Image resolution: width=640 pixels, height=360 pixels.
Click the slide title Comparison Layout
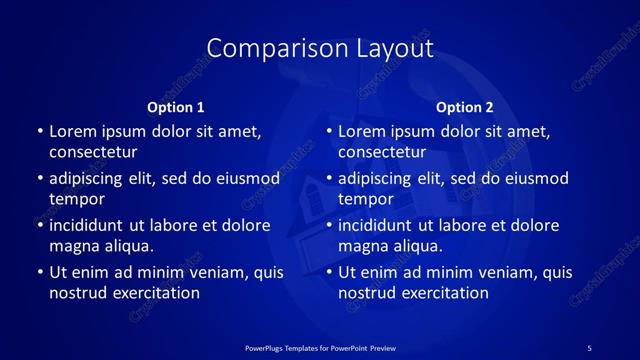[320, 48]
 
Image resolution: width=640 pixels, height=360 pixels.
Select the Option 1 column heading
[176, 107]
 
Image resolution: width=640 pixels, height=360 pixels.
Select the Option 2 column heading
[465, 107]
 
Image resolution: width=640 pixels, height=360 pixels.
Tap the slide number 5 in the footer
[589, 347]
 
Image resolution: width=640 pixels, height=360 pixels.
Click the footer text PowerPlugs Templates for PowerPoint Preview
[320, 347]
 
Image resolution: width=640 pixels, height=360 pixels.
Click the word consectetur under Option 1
[93, 153]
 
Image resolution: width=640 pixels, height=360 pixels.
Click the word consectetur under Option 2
[383, 153]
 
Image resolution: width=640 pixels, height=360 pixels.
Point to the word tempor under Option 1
[77, 199]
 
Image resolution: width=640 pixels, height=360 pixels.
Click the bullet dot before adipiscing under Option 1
[39, 179]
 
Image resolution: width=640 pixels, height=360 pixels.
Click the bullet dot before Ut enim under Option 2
[329, 272]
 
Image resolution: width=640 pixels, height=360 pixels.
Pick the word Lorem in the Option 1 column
[73, 131]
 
